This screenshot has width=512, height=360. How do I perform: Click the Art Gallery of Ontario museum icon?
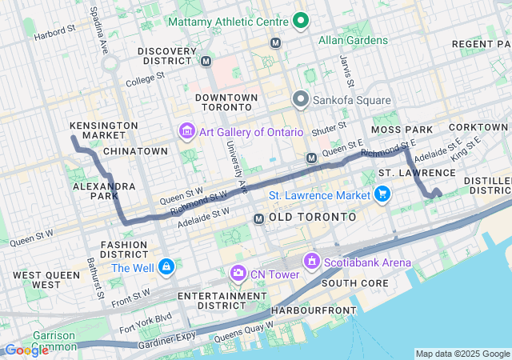pyautogui.click(x=186, y=131)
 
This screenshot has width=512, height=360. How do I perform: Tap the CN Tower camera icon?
pyautogui.click(x=238, y=274)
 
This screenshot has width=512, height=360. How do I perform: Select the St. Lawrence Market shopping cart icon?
pyautogui.click(x=382, y=194)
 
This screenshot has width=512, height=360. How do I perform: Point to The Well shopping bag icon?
pyautogui.click(x=166, y=266)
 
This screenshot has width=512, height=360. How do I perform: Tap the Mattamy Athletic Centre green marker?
pyautogui.click(x=301, y=20)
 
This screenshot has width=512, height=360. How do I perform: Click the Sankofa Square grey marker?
pyautogui.click(x=301, y=100)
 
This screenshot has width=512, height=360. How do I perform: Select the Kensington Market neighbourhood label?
pyautogui.click(x=104, y=131)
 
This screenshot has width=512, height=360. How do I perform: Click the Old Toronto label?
pyautogui.click(x=312, y=217)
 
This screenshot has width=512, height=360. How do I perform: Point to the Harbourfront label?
pyautogui.click(x=305, y=310)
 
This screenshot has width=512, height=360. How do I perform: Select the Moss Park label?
pyautogui.click(x=402, y=129)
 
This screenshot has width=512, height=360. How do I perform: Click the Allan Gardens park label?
pyautogui.click(x=353, y=39)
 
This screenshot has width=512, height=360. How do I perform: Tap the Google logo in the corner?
pyautogui.click(x=26, y=350)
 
